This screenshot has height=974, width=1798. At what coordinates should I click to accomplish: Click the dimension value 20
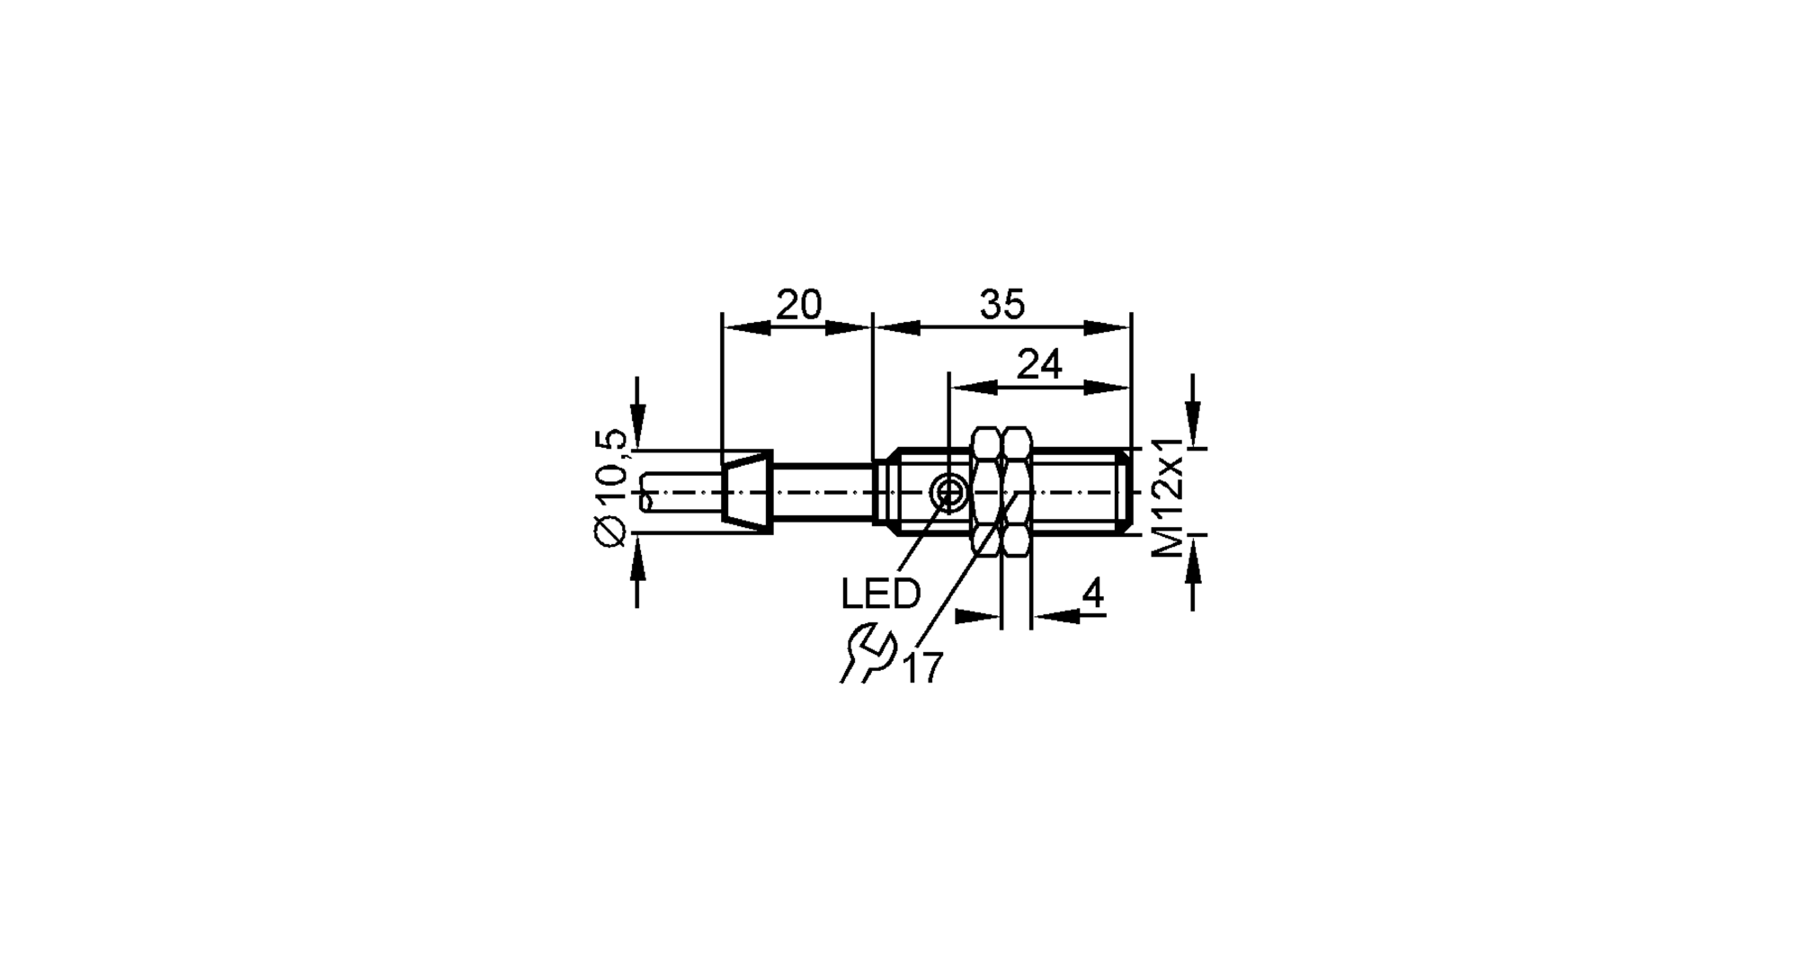pyautogui.click(x=798, y=306)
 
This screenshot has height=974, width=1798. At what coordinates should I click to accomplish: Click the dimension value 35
pyautogui.click(x=1001, y=306)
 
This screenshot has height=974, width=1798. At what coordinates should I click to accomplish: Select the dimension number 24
pyautogui.click(x=1039, y=365)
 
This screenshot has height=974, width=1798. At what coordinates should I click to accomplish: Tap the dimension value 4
pyautogui.click(x=1092, y=594)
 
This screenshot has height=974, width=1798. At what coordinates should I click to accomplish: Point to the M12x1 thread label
pyautogui.click(x=1169, y=497)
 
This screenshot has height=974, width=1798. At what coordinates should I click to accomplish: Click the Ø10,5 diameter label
pyautogui.click(x=610, y=487)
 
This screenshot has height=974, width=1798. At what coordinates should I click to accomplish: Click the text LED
pyautogui.click(x=880, y=594)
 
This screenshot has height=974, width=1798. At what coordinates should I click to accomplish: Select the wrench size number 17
pyautogui.click(x=922, y=668)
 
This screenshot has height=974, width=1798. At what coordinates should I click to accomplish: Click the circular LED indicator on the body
pyautogui.click(x=948, y=492)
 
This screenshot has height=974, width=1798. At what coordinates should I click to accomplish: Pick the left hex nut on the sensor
pyautogui.click(x=988, y=492)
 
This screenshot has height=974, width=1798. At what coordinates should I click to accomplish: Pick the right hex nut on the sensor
pyautogui.click(x=1017, y=492)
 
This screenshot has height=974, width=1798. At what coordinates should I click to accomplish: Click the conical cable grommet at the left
pyautogui.click(x=747, y=492)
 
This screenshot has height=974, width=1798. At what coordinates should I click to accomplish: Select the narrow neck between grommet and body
pyautogui.click(x=823, y=492)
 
